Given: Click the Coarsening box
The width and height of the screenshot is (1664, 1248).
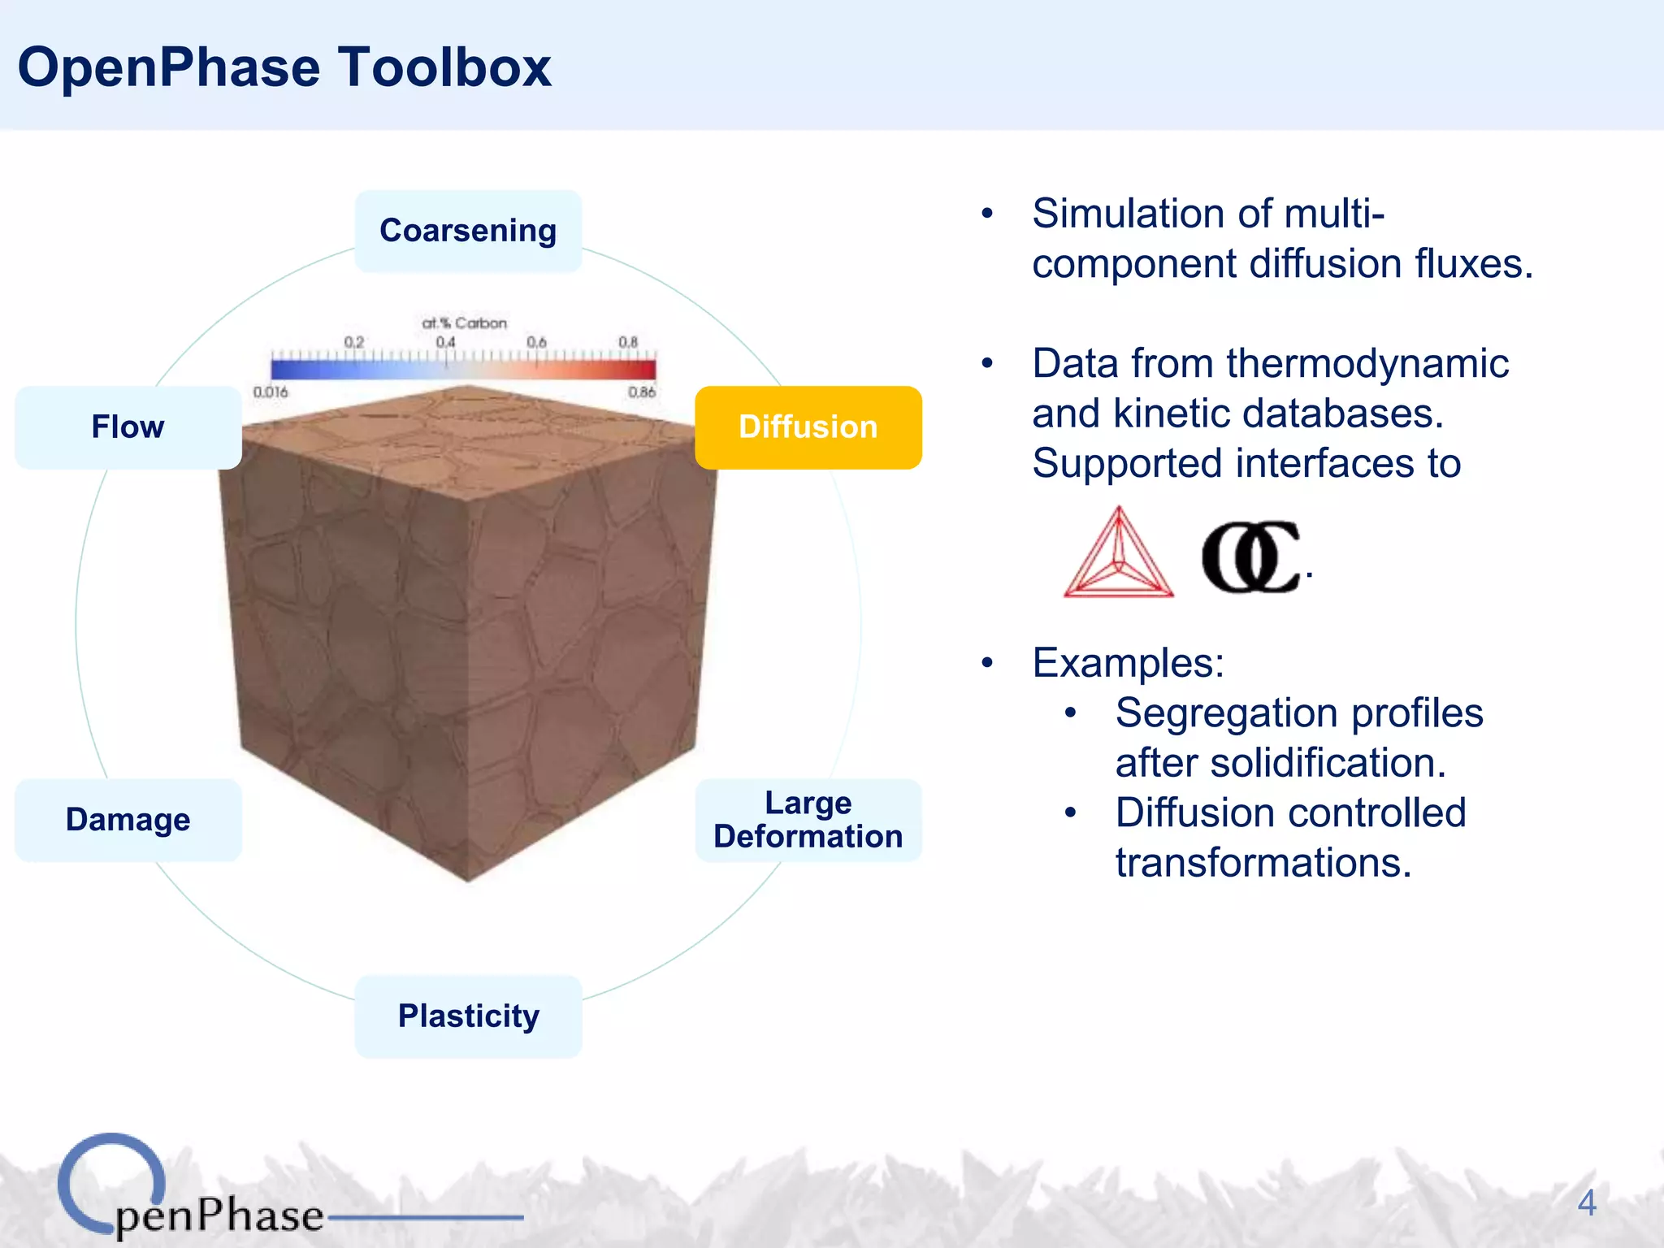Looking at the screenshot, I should click(x=468, y=231).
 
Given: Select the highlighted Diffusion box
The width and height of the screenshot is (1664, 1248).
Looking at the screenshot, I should click(x=808, y=427).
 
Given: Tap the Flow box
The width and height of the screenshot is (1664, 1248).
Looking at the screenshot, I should click(x=128, y=427).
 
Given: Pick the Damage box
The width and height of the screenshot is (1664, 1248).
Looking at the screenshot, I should click(x=128, y=820).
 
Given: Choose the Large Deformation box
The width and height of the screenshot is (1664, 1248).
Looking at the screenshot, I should click(x=808, y=820).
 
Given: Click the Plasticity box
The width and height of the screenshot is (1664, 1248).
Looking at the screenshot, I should click(x=468, y=1016).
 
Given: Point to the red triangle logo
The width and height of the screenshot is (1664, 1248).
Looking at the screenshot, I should click(x=1118, y=555).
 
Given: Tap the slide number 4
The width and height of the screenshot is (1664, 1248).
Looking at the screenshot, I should click(x=1586, y=1202).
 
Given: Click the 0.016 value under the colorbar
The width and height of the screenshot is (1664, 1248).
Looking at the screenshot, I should click(x=271, y=392).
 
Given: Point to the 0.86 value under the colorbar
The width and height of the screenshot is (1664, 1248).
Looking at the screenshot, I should click(x=641, y=392).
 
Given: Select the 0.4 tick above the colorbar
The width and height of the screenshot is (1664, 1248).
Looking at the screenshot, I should click(x=445, y=342).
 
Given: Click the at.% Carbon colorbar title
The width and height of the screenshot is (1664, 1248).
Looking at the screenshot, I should click(x=464, y=323).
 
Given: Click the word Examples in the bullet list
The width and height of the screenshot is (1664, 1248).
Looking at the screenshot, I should click(x=1128, y=663).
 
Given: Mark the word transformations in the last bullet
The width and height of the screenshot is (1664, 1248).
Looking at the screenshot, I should click(x=1263, y=863).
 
